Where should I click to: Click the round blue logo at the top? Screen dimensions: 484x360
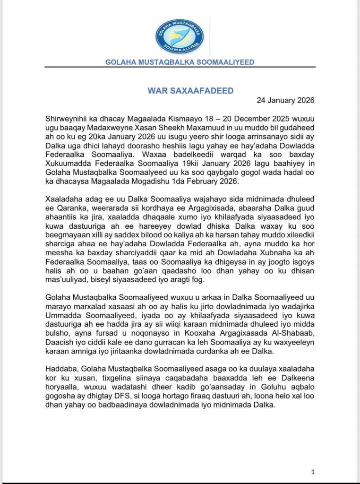(180, 36)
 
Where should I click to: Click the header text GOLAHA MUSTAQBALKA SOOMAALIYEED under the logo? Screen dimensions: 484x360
(180, 62)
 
